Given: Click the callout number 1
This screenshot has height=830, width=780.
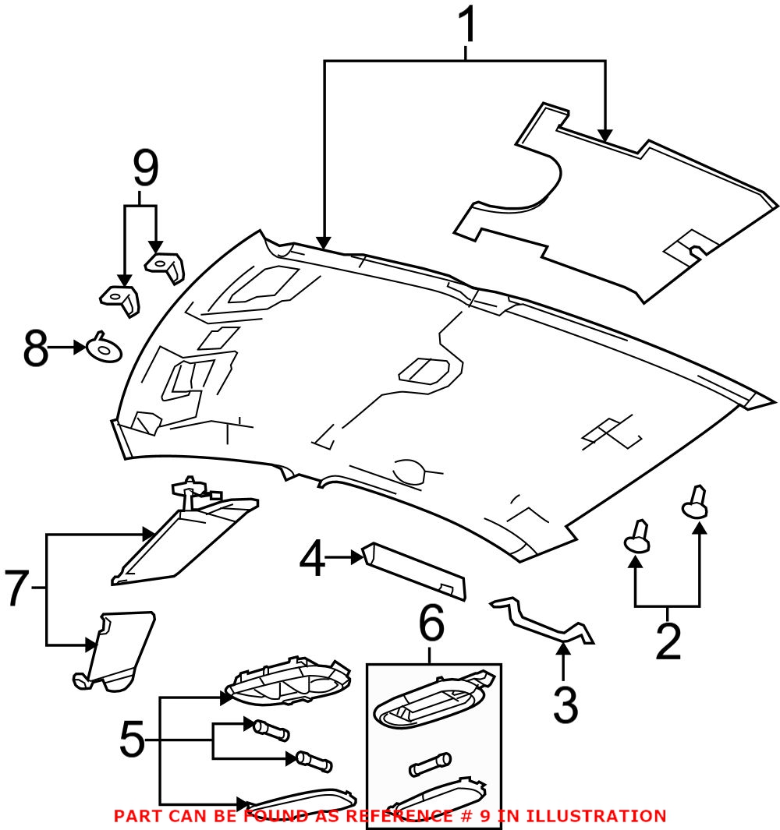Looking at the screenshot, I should pyautogui.click(x=466, y=25).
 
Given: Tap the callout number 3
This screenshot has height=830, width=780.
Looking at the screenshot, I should pyautogui.click(x=564, y=705).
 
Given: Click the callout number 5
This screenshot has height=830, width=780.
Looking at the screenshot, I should pyautogui.click(x=132, y=740).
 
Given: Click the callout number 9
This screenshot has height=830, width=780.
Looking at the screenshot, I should pyautogui.click(x=145, y=169).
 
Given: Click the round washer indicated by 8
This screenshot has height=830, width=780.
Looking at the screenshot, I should pyautogui.click(x=104, y=348).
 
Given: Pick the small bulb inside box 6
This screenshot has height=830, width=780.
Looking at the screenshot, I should pyautogui.click(x=430, y=763).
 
